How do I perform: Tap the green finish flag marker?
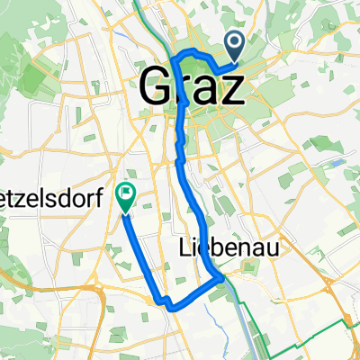pos(124,193)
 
